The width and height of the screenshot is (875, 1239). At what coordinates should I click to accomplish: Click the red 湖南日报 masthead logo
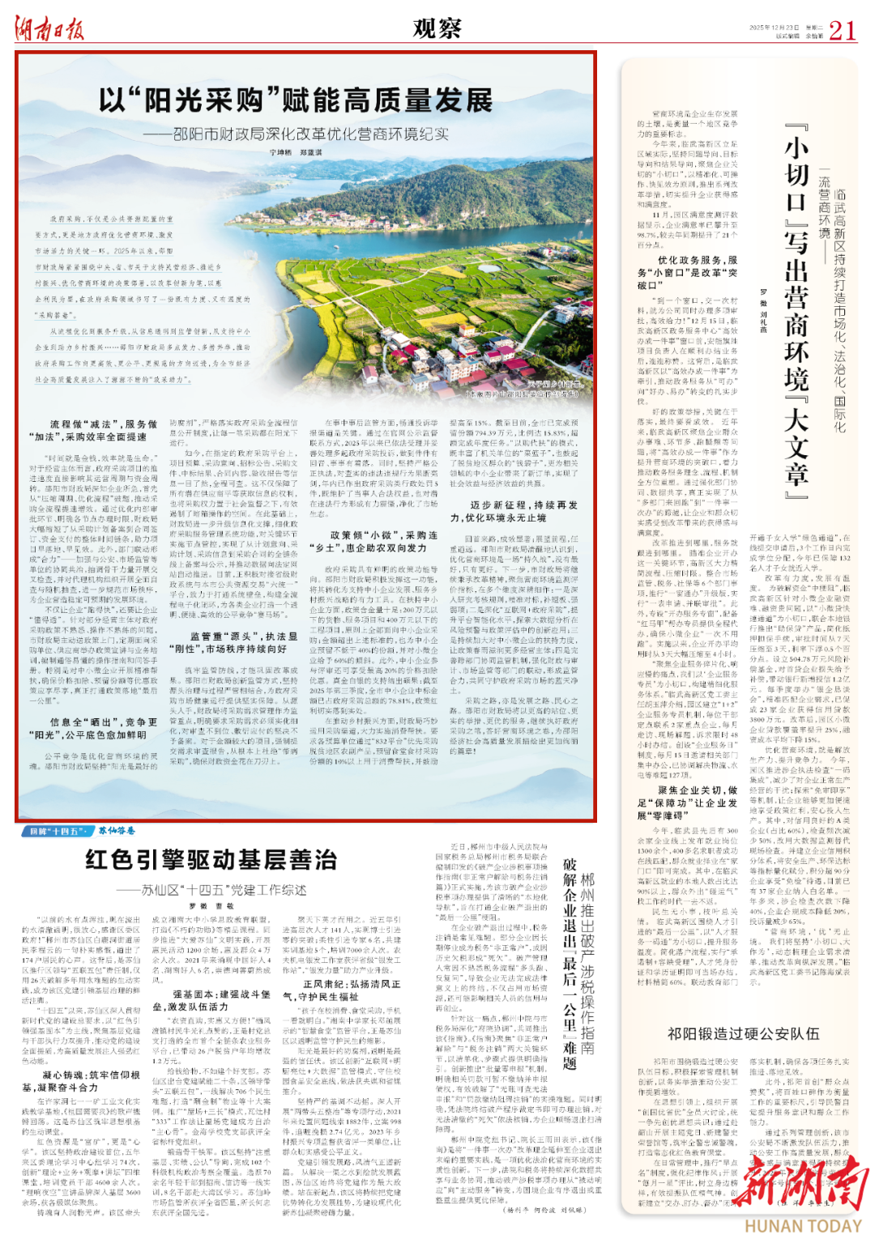pos(49,30)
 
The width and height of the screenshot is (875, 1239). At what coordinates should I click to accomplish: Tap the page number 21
pos(842,31)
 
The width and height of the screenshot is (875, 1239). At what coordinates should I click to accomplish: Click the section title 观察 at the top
pos(437,29)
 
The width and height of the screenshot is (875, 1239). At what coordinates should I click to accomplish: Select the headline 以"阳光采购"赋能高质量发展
pos(297,101)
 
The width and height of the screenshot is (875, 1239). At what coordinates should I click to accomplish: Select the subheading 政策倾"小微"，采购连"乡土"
pos(373,541)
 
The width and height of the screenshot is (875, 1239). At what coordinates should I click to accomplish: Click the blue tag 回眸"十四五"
pos(56,831)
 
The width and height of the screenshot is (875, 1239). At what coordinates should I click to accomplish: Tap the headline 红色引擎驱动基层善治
pos(211,859)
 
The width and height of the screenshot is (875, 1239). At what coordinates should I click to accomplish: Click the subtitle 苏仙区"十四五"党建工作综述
pos(211,889)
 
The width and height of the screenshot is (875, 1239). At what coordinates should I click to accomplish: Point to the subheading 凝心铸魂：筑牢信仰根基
pos(81,1080)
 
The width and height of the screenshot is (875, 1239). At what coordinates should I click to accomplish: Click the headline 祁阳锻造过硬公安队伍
pos(743,1033)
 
